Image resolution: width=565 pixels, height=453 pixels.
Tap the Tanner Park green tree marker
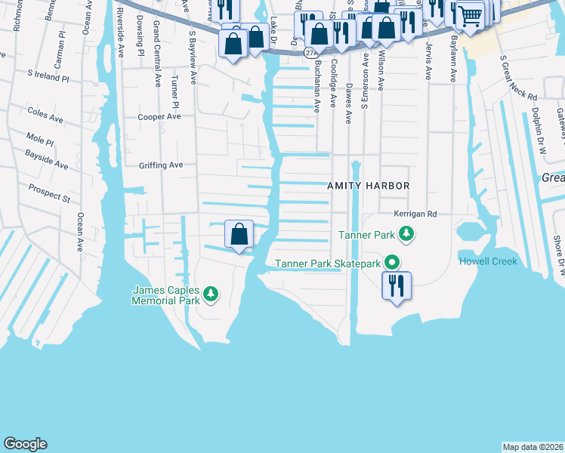coord(406,234)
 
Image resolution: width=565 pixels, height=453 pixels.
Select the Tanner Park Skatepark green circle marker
coord(392,263)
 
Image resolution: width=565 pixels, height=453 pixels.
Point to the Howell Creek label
coord(487,261)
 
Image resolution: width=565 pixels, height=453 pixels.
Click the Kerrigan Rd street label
coord(415,214)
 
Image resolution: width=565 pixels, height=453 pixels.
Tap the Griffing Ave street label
coord(161,165)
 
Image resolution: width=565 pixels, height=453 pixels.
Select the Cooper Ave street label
coord(159,117)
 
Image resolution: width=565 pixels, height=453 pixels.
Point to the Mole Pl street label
coord(39,140)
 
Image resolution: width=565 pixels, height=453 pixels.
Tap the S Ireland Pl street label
coord(48,77)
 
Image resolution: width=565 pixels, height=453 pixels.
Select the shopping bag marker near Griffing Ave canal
coord(239,234)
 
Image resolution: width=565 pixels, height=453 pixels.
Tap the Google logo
coord(25,444)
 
